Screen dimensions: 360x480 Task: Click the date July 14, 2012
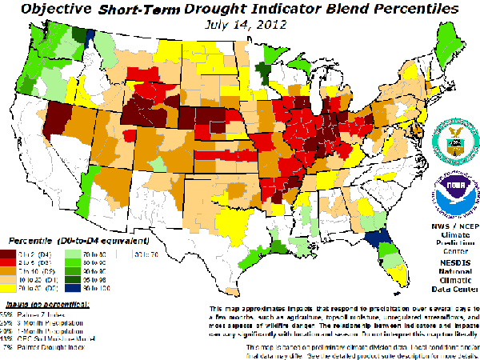tap(241, 24)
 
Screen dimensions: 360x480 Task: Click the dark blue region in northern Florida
tap(373, 240)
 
